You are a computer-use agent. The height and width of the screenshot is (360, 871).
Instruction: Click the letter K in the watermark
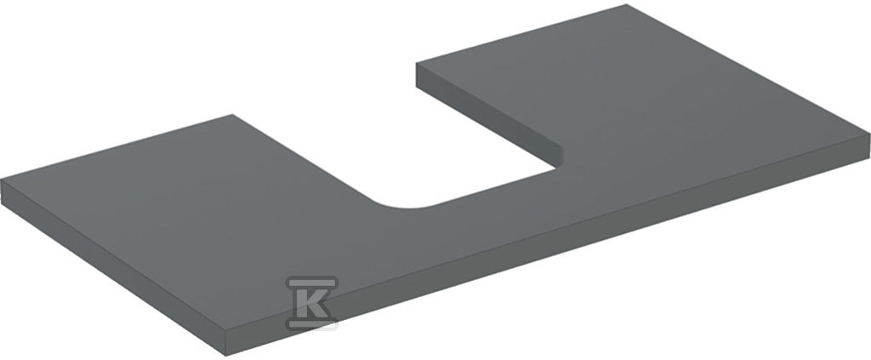tap(312, 303)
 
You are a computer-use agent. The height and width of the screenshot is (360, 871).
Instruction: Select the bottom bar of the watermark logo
tap(311, 324)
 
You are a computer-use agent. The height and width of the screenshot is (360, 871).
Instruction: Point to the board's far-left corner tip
tap(1, 180)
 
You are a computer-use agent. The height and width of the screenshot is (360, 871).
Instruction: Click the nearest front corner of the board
tap(226, 331)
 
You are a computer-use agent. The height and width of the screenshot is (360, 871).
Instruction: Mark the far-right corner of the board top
tap(868, 134)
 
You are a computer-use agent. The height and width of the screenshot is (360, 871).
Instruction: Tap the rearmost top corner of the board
tap(627, 5)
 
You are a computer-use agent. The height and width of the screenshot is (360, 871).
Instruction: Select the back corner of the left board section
tap(233, 115)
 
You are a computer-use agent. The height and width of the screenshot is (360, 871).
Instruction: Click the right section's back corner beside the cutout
tap(417, 63)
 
